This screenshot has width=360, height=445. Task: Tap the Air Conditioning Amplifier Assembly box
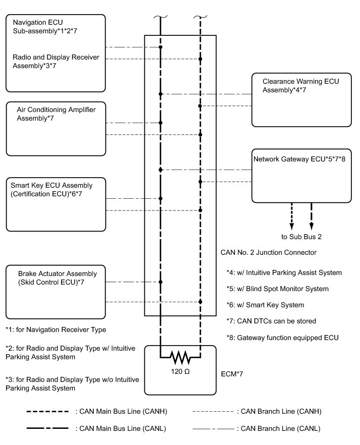56,129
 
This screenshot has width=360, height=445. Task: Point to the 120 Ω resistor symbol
180,358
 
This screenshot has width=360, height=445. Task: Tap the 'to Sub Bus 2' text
302,236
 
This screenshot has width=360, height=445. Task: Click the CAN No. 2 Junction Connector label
269,252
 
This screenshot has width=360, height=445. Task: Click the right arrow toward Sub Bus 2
312,216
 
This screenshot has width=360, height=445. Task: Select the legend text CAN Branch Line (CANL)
278,428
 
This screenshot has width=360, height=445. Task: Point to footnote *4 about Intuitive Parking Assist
284,273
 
